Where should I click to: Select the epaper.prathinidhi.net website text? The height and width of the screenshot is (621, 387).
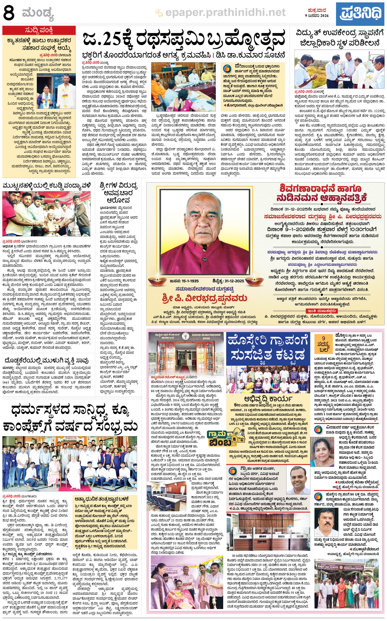[x=225, y=12]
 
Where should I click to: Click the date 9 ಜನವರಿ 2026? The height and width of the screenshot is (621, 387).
[x=317, y=16]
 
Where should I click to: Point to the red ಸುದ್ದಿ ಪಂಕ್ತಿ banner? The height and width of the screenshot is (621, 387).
[x=39, y=30]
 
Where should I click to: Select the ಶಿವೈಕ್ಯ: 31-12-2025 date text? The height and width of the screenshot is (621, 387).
[x=228, y=281]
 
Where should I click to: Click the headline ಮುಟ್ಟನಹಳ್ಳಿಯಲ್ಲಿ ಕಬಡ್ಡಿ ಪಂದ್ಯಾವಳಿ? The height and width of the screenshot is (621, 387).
[x=47, y=186]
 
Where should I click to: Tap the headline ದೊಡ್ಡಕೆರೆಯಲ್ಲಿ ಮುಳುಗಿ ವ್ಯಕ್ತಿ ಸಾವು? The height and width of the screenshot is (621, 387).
[x=47, y=361]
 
